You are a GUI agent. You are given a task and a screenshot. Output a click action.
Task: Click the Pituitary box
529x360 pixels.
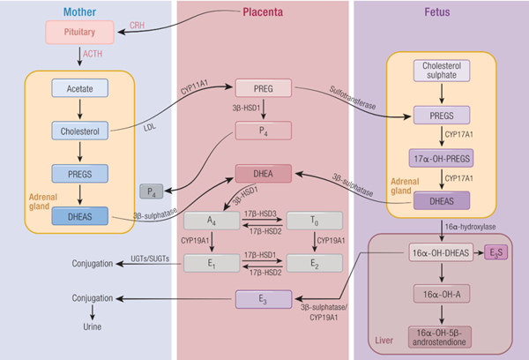click(78, 33)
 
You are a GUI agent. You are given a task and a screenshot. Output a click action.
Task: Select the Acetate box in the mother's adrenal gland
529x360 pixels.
click(78, 88)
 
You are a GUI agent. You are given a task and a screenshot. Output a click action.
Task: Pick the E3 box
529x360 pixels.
click(263, 299)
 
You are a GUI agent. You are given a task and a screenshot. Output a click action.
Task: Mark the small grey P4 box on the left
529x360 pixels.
click(152, 191)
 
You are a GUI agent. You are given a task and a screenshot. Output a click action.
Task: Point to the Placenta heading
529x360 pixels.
click(265, 11)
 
